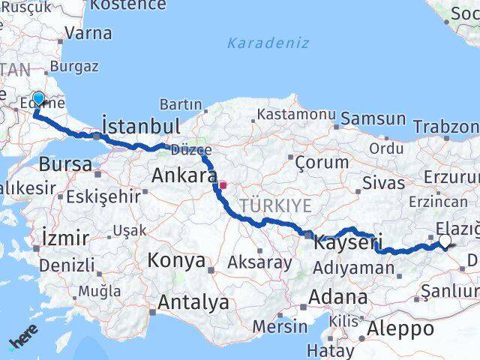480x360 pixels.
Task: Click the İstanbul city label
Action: tap(140, 124)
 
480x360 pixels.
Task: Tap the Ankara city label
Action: tap(184, 175)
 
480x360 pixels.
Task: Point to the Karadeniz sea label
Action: tap(268, 43)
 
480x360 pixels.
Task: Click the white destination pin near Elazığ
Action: tap(445, 241)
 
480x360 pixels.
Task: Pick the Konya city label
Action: tap(177, 261)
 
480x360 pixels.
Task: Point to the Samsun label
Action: tap(373, 118)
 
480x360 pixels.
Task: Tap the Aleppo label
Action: tap(400, 328)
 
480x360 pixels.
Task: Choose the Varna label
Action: tap(88, 33)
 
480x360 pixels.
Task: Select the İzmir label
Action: tap(66, 238)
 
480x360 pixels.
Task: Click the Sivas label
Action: tap(378, 181)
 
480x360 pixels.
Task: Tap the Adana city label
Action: tap(341, 296)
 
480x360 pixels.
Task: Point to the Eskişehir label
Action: tap(103, 196)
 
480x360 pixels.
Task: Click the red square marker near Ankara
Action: tap(223, 183)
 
